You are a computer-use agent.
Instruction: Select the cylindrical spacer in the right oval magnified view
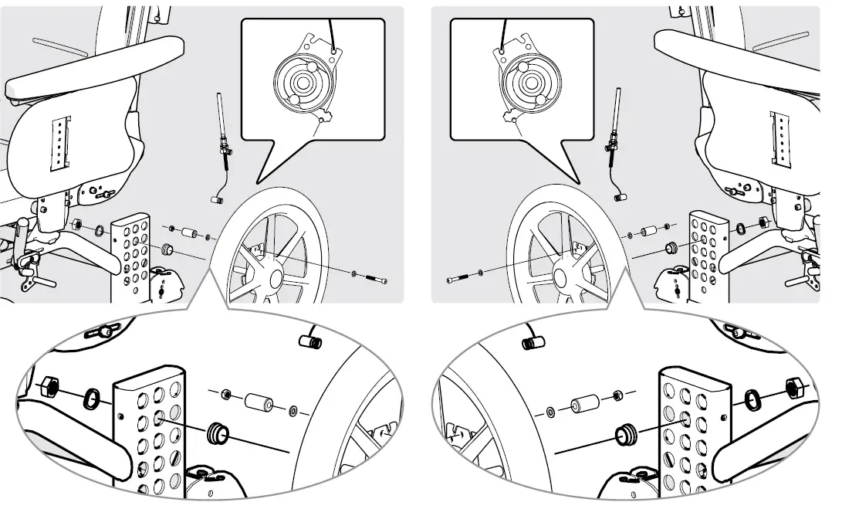coord(585,404)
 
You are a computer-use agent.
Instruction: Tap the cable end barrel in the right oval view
coord(532,341)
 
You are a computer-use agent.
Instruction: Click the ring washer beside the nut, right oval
coord(751,399)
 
